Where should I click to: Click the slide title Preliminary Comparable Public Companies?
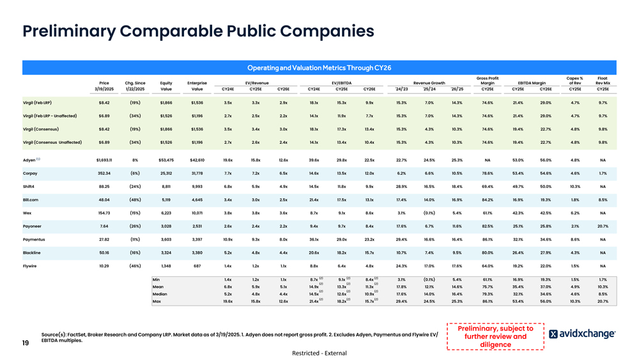(198, 31)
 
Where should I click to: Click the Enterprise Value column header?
(197, 86)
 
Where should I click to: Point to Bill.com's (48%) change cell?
(135, 200)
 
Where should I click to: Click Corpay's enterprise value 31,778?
(197, 173)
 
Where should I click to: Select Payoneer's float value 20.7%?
(602, 226)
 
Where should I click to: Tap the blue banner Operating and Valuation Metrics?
(319, 67)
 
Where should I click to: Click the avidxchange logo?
(582, 334)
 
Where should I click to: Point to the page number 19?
(26, 343)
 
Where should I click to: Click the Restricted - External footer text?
(319, 353)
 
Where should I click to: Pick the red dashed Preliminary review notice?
(495, 336)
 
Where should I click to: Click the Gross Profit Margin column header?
(488, 82)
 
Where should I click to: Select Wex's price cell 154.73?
(104, 212)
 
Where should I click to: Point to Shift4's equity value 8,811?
(166, 186)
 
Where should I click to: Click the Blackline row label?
(32, 252)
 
